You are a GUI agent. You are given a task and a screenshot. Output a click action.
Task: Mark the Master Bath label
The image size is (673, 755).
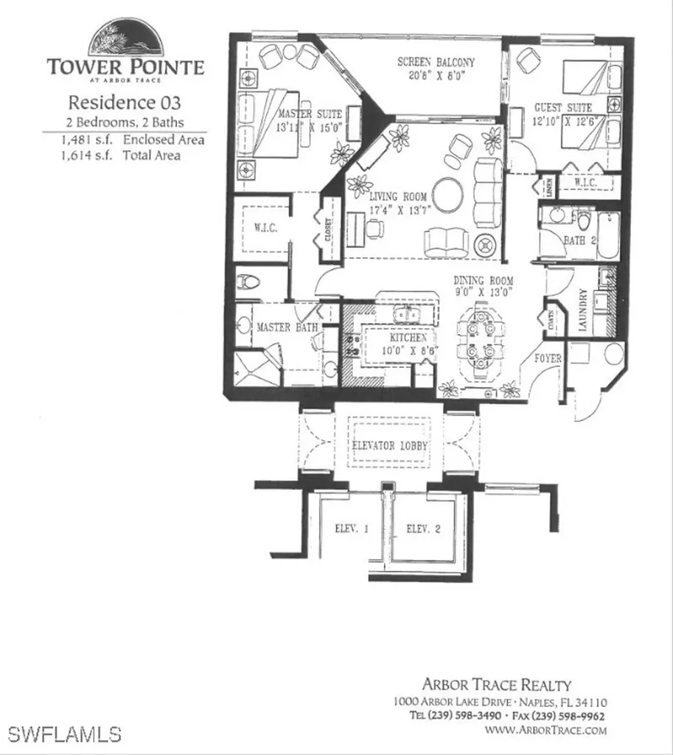pos(287,327)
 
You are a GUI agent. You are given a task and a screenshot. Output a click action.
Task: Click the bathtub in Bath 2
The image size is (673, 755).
pos(608,235)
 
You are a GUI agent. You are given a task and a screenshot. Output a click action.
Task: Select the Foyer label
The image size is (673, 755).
pos(548,359)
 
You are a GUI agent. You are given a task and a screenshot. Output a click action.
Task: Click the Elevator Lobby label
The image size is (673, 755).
pos(390,446)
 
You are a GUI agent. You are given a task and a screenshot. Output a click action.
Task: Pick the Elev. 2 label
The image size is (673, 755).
pos(423,529)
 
